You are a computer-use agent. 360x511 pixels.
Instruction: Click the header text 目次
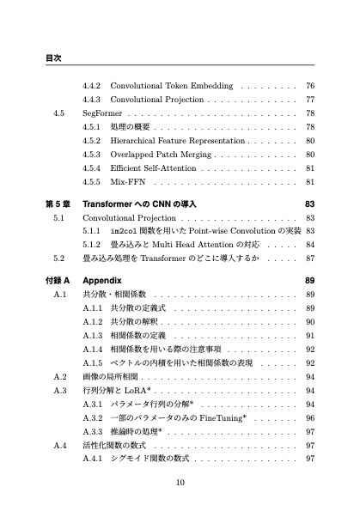(52, 58)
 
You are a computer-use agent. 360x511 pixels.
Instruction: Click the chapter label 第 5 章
(57, 204)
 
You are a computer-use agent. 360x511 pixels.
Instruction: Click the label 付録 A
(57, 281)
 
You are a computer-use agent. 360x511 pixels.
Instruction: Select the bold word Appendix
(102, 281)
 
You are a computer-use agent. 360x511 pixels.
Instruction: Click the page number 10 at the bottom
(180, 482)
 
